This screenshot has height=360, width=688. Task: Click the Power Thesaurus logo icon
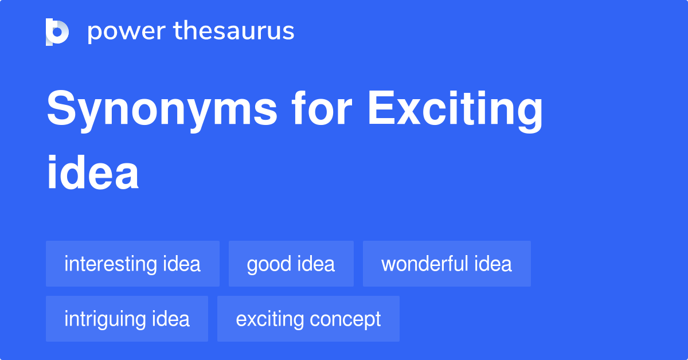(57, 32)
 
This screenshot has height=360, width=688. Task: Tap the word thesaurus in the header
(234, 32)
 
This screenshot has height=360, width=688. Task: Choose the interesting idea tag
(132, 264)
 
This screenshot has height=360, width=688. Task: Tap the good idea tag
(291, 264)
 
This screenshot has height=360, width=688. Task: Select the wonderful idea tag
(447, 264)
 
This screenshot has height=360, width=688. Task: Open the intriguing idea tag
(127, 319)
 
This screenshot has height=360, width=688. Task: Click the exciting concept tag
(308, 319)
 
